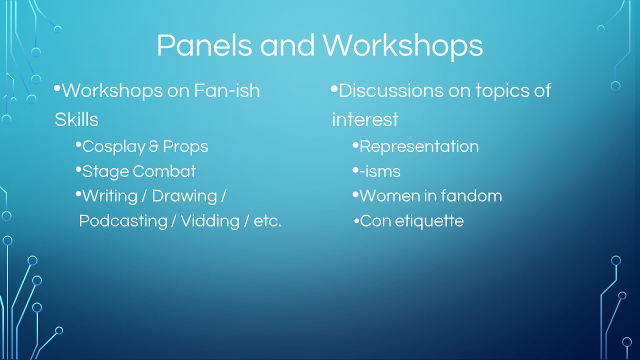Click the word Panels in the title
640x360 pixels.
[x=204, y=45]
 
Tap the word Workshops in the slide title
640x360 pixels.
[x=403, y=45]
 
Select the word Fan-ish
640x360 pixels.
[x=227, y=90]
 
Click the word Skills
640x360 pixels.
[x=76, y=119]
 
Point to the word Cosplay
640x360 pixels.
[x=114, y=147]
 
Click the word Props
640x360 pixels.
[x=185, y=147]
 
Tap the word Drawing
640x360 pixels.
[x=184, y=197]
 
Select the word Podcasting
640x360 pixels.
[x=123, y=221]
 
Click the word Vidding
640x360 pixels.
[x=210, y=221]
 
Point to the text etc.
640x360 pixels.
[x=267, y=221]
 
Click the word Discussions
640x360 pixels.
[x=390, y=90]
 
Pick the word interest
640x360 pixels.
[x=365, y=119]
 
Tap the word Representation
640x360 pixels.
[x=419, y=147]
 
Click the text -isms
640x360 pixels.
[x=380, y=171]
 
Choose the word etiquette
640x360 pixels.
[x=429, y=221]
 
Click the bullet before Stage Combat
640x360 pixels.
[x=78, y=170]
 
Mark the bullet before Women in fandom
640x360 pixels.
[x=355, y=195]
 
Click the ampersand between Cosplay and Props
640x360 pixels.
[x=153, y=146]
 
